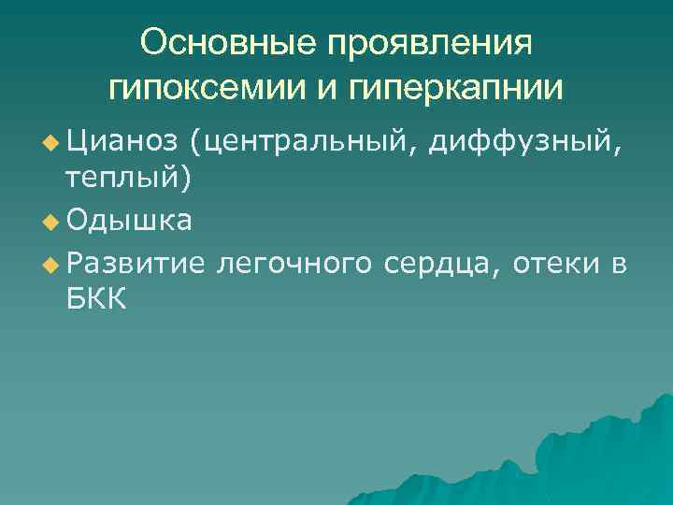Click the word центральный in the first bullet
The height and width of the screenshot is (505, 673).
(305, 143)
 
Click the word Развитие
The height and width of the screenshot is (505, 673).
(136, 265)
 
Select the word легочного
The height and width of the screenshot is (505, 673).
(294, 265)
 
